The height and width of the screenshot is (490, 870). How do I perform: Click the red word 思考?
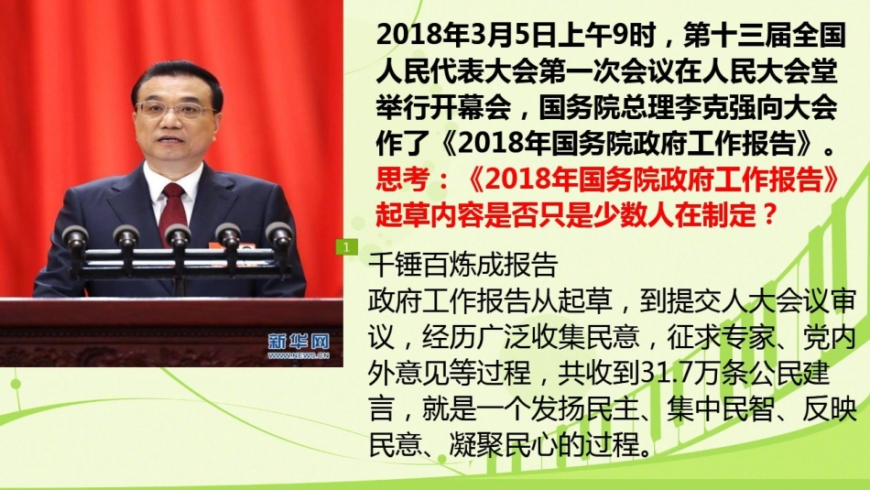(x=403, y=180)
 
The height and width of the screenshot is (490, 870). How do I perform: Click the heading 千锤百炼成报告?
(x=462, y=266)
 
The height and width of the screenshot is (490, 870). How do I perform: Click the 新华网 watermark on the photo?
(x=299, y=342)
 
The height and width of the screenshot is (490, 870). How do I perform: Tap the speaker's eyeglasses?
(x=174, y=110)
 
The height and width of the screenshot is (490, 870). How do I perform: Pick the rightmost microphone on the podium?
(x=279, y=234)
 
